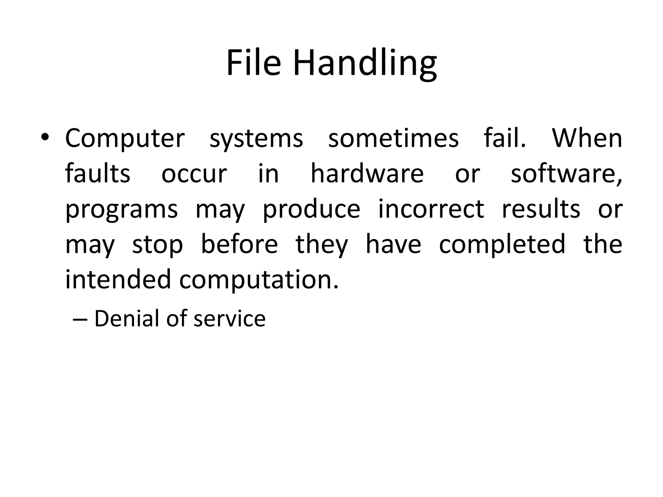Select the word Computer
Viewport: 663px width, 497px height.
tap(125, 138)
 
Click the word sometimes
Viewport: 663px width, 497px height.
tap(393, 138)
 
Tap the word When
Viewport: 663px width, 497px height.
tap(587, 138)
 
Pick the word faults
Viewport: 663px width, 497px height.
tap(97, 173)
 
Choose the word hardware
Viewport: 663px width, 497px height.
tap(367, 173)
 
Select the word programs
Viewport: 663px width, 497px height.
tap(121, 210)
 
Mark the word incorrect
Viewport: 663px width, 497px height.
tap(431, 209)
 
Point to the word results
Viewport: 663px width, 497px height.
tap(541, 209)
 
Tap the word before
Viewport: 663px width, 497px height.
tap(239, 244)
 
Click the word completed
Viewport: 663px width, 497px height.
tap(502, 245)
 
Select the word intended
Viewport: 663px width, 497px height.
tap(118, 279)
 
